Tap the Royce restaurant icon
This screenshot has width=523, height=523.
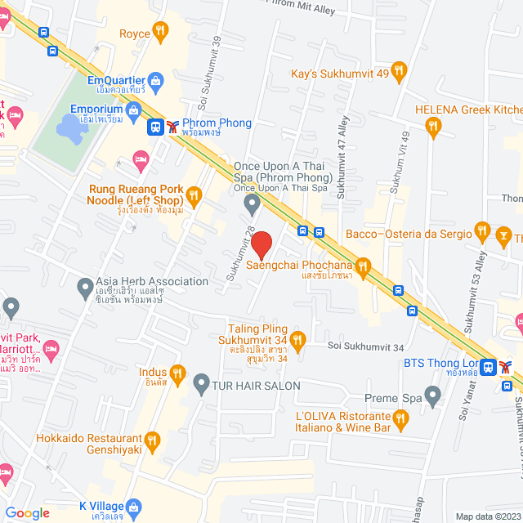point(161,34)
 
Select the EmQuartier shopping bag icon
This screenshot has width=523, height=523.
point(158,79)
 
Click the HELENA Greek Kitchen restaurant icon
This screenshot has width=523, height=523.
point(433,125)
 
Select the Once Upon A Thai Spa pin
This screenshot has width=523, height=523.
point(253,202)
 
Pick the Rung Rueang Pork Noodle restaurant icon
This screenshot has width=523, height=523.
point(194,194)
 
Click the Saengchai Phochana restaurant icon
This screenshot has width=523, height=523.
point(364,265)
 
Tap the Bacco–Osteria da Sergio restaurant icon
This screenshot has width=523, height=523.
point(481,234)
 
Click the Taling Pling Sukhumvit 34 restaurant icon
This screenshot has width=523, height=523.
point(297,338)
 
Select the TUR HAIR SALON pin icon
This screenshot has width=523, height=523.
point(201,382)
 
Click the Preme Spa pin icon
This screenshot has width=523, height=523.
point(433,398)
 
